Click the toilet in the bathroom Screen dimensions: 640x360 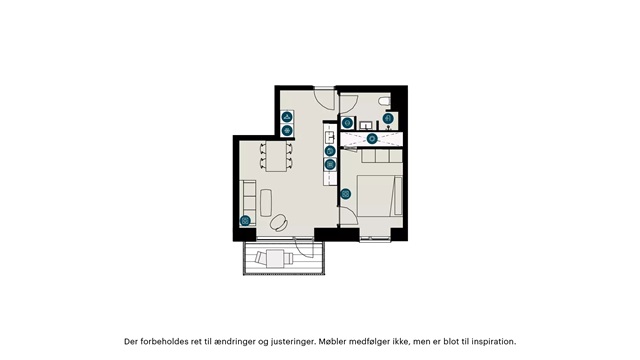coord(384,101)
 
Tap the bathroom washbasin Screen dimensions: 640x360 coord(365,124)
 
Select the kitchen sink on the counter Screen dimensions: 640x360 coord(330,137)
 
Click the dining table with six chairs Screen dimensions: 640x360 coord(276,156)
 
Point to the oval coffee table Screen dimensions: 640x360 coord(266,202)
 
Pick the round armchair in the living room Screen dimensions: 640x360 coord(280,222)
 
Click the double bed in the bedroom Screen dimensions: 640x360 coord(380,195)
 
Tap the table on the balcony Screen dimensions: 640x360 coord(276,258)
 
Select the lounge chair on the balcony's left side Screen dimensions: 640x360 coord(260,258)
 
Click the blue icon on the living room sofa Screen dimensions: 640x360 coord(245,221)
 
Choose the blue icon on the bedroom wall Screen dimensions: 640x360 coord(346,194)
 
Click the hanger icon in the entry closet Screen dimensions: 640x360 coord(287,117)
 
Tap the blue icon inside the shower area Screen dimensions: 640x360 coord(371,139)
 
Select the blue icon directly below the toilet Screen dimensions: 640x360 coord(388,119)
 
